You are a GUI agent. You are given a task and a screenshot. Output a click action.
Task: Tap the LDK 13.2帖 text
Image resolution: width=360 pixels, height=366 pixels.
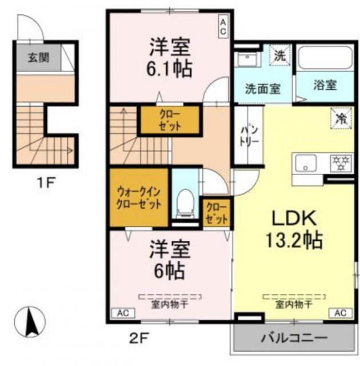(x=294, y=228)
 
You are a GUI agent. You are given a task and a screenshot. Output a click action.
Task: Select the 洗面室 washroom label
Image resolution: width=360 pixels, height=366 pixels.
(x=262, y=89)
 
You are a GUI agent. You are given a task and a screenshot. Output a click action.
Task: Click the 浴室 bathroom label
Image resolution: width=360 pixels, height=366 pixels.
(x=325, y=85)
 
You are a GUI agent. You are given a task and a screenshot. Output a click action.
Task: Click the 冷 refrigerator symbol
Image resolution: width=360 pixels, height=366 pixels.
(x=341, y=118)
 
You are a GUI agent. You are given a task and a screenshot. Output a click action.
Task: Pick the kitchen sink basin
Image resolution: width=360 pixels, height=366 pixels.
(x=309, y=163)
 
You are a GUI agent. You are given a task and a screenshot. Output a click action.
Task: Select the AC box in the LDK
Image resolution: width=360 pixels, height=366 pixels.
(x=339, y=313)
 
